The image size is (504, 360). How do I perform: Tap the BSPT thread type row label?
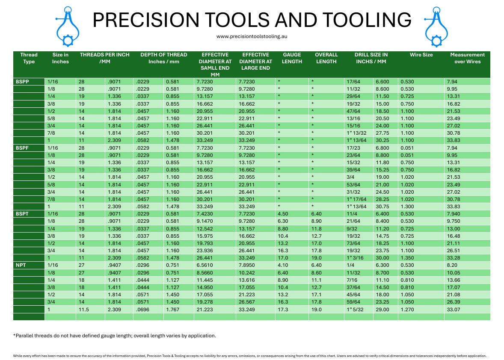pos(23,213)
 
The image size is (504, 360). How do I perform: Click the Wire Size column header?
pos(421,55)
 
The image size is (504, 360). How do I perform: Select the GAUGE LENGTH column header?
pos(292,58)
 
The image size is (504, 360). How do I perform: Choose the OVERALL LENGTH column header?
pos(326,58)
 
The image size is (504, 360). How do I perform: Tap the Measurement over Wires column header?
pos(467,58)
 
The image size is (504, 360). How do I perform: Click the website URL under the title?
pos(252,36)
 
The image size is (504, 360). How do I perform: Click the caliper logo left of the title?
pos(67,26)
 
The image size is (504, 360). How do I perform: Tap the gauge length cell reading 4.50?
pos(283,213)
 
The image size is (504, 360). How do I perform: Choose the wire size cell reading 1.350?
pos(408,258)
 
